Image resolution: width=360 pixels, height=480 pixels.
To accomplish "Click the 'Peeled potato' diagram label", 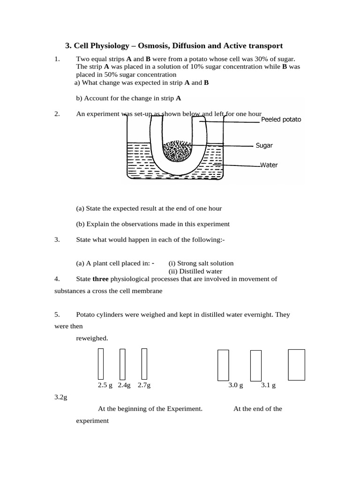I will (x=281, y=120).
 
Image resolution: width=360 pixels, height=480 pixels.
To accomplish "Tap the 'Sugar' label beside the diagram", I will (x=264, y=145).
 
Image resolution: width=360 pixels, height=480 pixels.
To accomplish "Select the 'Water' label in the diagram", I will (x=269, y=165).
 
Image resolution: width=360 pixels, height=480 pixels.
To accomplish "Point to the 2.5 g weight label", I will (x=105, y=385).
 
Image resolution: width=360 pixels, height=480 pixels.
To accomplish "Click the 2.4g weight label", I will (x=124, y=385).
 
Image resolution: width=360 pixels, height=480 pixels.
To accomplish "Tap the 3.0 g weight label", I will (x=236, y=385).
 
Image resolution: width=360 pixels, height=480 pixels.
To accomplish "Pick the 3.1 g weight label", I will (x=268, y=385).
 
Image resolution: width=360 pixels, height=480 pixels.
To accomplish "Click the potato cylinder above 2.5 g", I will (x=101, y=364).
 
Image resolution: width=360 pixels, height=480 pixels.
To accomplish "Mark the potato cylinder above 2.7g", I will (x=144, y=364).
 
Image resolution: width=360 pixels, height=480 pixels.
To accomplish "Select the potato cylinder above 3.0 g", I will (x=223, y=365).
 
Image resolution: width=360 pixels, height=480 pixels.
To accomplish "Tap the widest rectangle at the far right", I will (x=296, y=364).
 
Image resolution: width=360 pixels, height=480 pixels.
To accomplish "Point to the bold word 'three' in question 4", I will (x=100, y=279).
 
